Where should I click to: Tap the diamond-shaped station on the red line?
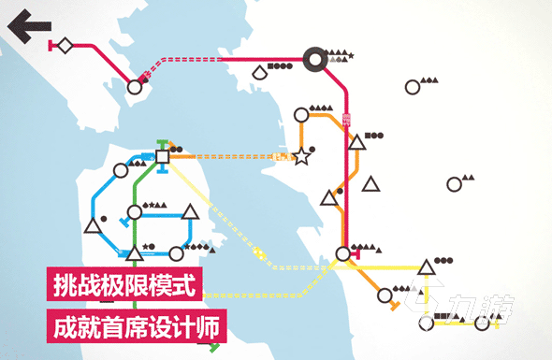65,45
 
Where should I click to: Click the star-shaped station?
301,158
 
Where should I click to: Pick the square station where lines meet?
163,157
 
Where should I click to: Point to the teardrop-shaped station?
258,71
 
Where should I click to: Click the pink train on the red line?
348,119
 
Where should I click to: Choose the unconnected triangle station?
371,183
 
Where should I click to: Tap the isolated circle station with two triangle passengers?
413,87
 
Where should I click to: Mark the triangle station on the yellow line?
426,268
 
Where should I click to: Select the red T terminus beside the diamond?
49,45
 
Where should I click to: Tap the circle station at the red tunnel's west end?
135,87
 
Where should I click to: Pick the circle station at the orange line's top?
300,115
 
